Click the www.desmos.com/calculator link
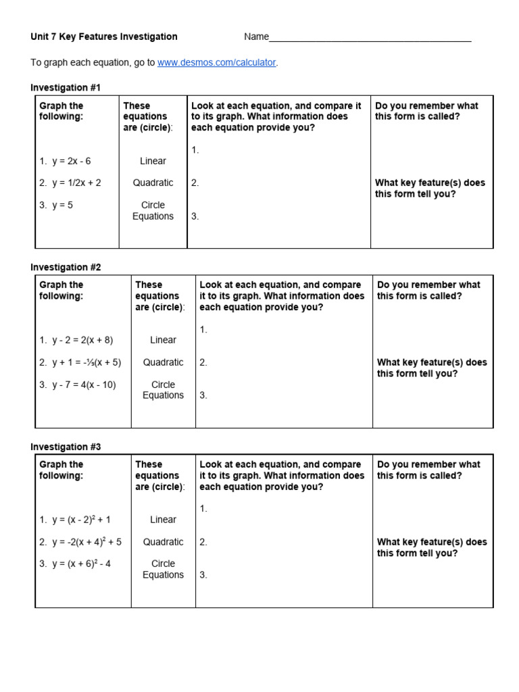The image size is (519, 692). pyautogui.click(x=217, y=62)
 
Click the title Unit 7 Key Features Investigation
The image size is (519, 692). pyautogui.click(x=104, y=36)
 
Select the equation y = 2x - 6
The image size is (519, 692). pyautogui.click(x=71, y=161)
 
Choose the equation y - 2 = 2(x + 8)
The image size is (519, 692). pyautogui.click(x=82, y=340)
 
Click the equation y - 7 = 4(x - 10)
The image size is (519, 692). pyautogui.click(x=84, y=385)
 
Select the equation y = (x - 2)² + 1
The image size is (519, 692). pyautogui.click(x=80, y=520)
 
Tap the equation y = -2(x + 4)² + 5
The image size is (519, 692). pyautogui.click(x=86, y=541)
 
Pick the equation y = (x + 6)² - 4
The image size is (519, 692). pyautogui.click(x=80, y=564)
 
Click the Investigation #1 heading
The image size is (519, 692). pyautogui.click(x=66, y=87)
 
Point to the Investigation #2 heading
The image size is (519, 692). pyautogui.click(x=66, y=267)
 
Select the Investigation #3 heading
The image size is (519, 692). pyautogui.click(x=66, y=447)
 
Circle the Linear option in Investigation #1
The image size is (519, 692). pyautogui.click(x=153, y=161)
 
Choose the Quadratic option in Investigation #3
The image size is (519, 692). pyautogui.click(x=163, y=541)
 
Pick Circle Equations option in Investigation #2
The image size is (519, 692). pyautogui.click(x=163, y=390)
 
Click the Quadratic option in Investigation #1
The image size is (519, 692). pyautogui.click(x=153, y=182)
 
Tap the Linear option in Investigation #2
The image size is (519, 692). pyautogui.click(x=163, y=340)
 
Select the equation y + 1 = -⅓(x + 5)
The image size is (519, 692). pyautogui.click(x=86, y=362)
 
